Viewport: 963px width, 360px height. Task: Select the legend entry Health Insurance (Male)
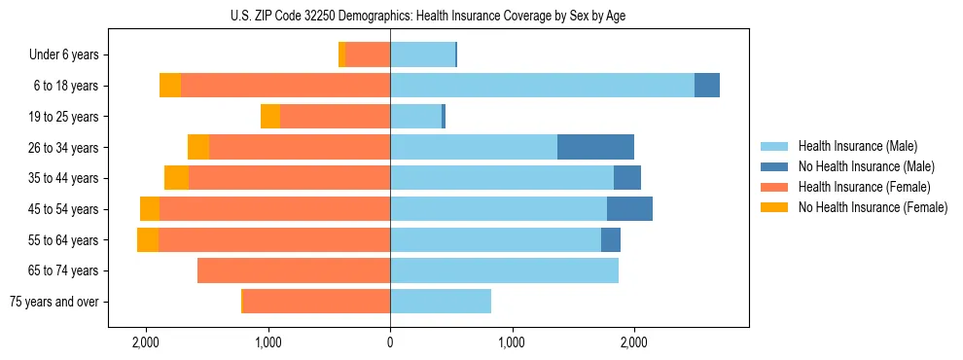click(856, 146)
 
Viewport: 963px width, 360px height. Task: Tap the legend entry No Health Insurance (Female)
click(873, 207)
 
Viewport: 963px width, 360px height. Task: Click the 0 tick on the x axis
click(390, 342)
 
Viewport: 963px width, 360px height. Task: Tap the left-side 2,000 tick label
click(146, 342)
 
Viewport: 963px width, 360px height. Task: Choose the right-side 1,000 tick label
click(512, 342)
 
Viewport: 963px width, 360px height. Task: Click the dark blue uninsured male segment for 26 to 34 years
click(595, 147)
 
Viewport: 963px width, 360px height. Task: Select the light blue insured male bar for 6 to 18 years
click(542, 86)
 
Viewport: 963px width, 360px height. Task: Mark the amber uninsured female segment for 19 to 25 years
click(270, 117)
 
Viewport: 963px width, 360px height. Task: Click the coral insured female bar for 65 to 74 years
click(294, 270)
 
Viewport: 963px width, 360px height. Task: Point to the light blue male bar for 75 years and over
click(441, 302)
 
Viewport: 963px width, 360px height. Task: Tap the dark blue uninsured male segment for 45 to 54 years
click(629, 209)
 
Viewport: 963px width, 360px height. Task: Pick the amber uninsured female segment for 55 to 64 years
click(148, 240)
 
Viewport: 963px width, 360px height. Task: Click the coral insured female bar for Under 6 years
click(368, 54)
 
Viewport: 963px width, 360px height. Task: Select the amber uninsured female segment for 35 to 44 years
click(176, 178)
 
